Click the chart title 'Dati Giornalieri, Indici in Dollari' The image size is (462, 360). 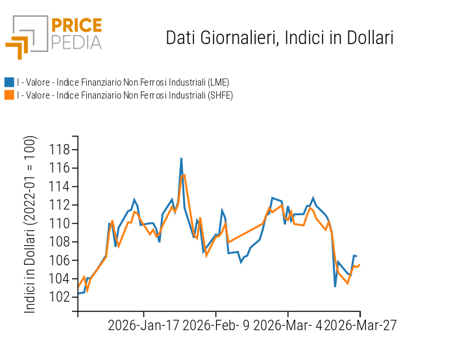[x=280, y=38]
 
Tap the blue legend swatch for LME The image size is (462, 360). [x=9, y=82]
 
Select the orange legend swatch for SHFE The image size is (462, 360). [x=9, y=95]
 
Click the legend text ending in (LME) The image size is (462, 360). [x=123, y=82]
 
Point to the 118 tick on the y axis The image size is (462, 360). [x=59, y=150]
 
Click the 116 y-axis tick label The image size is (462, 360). [x=59, y=168]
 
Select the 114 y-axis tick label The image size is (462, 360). [x=59, y=187]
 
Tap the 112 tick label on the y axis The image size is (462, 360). [x=59, y=205]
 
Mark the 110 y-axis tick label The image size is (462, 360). [x=59, y=223]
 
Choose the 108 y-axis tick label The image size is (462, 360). [x=59, y=242]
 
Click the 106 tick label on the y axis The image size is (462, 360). [x=59, y=260]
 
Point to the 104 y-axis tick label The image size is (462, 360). [x=59, y=279]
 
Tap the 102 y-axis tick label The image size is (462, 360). [x=59, y=297]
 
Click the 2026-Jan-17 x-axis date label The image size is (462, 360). [x=144, y=325]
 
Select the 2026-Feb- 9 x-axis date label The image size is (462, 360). [x=216, y=325]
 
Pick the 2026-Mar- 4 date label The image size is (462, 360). [x=288, y=325]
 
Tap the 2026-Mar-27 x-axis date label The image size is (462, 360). [x=360, y=325]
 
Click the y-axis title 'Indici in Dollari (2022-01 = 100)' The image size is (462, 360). [x=30, y=224]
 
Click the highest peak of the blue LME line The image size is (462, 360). [x=181, y=158]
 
